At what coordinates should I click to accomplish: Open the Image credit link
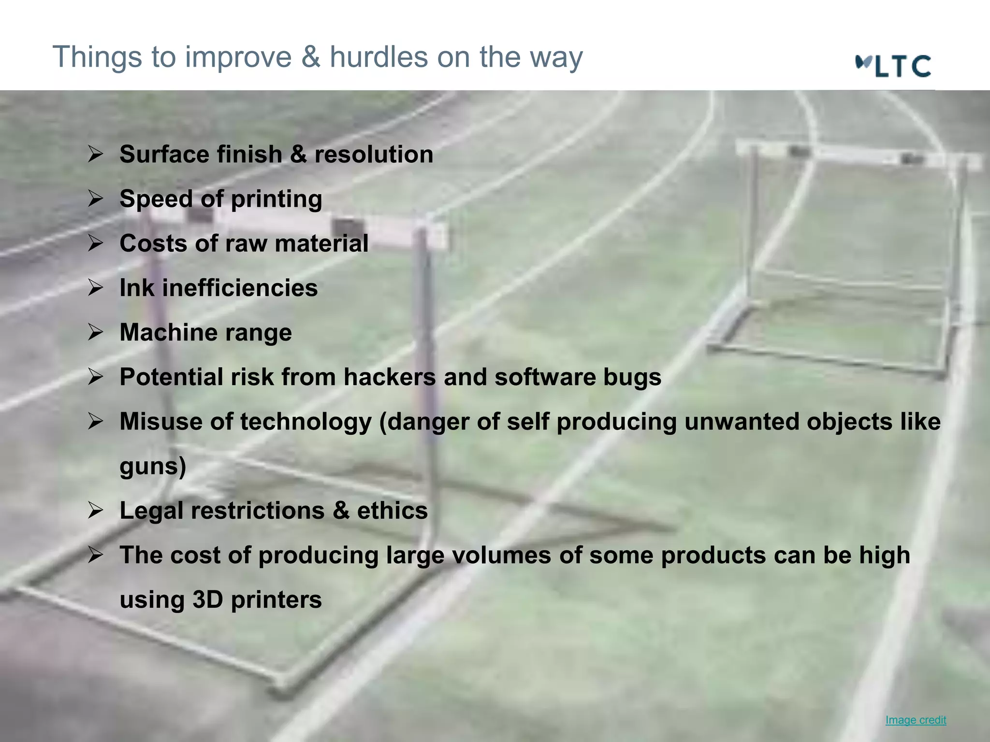(x=916, y=720)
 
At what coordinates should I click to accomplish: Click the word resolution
(x=374, y=155)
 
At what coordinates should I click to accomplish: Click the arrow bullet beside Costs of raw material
(x=95, y=243)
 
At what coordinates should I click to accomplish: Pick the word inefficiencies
(x=240, y=288)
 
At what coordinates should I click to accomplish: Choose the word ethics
(x=392, y=511)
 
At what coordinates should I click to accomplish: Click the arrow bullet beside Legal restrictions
(x=95, y=511)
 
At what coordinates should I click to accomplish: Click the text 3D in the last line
(x=208, y=600)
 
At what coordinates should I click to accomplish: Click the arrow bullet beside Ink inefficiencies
(x=95, y=288)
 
